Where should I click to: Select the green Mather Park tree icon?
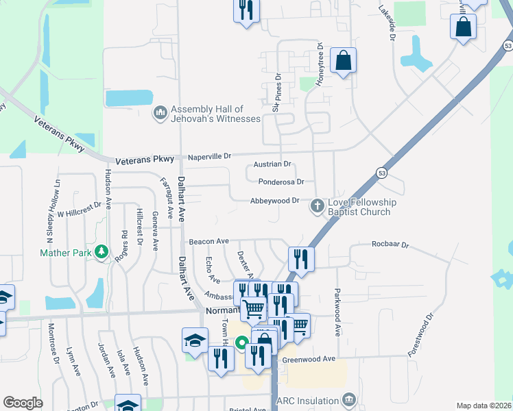(102, 253)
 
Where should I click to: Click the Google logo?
(23, 403)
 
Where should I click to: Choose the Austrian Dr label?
(273, 164)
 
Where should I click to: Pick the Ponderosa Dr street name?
(281, 182)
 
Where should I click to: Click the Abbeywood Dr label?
(274, 201)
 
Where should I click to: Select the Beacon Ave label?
(209, 242)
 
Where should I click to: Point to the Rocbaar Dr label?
(390, 245)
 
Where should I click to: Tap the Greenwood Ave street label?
(309, 359)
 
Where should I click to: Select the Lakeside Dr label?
(387, 20)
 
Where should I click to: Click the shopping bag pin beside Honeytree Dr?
(343, 61)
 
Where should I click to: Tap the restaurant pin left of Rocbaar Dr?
(300, 259)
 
